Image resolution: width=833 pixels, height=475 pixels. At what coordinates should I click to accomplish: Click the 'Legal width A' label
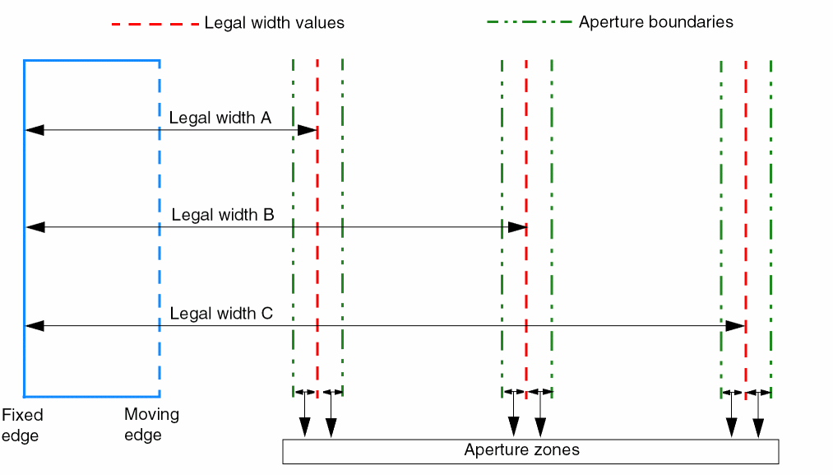(x=220, y=118)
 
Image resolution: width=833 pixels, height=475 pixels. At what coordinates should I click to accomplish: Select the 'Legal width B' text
(x=223, y=215)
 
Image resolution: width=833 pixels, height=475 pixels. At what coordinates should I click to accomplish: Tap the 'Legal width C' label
(x=220, y=314)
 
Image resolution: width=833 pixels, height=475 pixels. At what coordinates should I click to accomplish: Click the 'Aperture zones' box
(x=530, y=451)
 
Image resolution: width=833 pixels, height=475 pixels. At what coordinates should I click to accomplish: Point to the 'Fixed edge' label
(x=21, y=425)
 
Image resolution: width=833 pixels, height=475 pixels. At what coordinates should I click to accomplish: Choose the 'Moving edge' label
(x=151, y=424)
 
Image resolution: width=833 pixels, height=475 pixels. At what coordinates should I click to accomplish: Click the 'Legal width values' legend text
(x=274, y=23)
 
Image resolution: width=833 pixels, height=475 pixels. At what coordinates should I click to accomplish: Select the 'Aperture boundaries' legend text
(x=655, y=22)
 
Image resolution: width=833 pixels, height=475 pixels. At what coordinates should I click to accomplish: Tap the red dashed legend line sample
(x=155, y=24)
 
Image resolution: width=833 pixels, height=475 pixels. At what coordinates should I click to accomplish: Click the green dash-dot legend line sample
(x=529, y=22)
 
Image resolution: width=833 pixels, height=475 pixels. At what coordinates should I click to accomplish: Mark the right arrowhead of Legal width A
(x=308, y=130)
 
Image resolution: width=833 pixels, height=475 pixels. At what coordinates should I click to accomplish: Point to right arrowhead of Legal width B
(x=516, y=227)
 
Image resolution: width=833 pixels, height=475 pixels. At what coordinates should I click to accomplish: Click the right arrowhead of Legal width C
(x=735, y=327)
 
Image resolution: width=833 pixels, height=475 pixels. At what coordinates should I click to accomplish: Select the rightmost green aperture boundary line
(x=771, y=206)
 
